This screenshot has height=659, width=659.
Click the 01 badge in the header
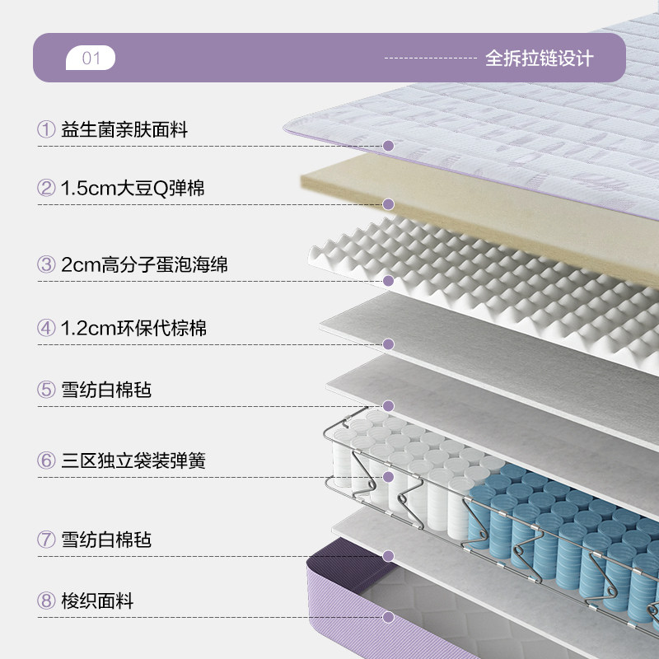tap(91, 58)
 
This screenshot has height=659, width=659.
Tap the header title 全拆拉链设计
tap(539, 58)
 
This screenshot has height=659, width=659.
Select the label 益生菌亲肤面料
tap(124, 129)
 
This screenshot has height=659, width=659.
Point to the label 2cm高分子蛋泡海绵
tap(144, 264)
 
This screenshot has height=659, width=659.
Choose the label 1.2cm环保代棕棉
tap(133, 328)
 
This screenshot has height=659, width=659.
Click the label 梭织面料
tap(97, 601)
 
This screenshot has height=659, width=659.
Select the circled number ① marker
tap(45, 129)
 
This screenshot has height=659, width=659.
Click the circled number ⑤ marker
tap(45, 389)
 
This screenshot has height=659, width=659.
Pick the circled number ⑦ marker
tap(45, 540)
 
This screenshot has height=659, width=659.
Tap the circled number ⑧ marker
tap(45, 601)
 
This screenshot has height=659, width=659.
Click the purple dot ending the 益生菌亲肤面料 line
tap(389, 146)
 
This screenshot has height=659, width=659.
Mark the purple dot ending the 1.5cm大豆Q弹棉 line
tap(389, 204)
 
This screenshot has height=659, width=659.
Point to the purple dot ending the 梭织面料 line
tap(389, 616)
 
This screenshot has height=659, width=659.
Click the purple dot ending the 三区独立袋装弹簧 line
tap(389, 476)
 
